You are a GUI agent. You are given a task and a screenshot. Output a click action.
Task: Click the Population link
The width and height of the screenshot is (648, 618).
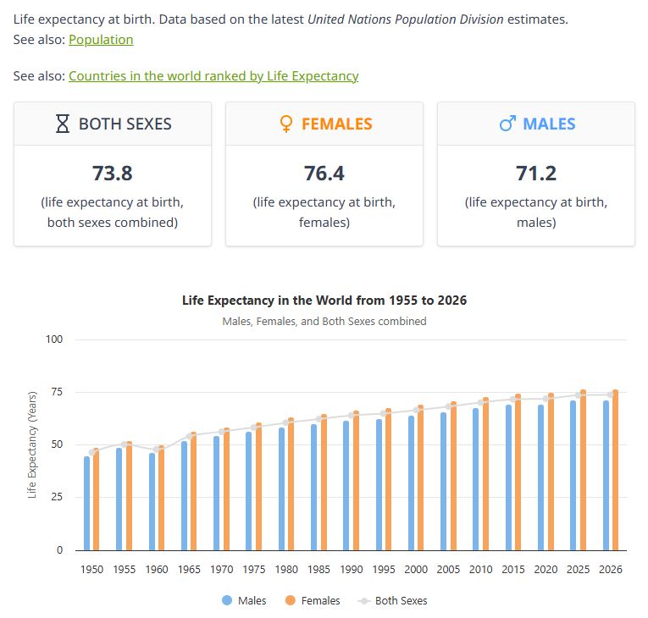click(101, 40)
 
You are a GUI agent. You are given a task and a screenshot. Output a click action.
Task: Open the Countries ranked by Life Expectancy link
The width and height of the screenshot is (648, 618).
click(213, 76)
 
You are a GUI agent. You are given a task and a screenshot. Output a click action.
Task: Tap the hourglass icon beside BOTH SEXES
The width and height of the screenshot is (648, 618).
click(62, 124)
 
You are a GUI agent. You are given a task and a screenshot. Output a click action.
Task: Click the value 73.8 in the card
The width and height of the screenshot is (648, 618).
click(113, 174)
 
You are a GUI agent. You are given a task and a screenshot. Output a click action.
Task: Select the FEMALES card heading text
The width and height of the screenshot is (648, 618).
click(336, 124)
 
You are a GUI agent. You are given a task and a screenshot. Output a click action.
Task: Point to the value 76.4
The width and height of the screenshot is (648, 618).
click(324, 174)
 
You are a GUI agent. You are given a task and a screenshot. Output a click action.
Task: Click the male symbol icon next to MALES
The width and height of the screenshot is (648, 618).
click(507, 124)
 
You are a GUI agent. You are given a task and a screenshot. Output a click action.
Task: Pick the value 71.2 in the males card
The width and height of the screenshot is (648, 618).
click(536, 174)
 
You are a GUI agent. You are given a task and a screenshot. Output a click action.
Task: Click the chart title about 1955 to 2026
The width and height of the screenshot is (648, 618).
click(324, 301)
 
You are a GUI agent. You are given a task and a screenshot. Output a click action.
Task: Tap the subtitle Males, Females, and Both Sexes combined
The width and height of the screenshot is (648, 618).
click(324, 322)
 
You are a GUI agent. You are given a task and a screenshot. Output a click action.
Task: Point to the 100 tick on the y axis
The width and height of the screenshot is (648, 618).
click(55, 339)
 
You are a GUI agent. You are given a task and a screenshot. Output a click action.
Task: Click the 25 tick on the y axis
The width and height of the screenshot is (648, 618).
click(58, 498)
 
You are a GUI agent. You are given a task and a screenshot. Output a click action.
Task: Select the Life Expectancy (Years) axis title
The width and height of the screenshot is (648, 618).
click(33, 444)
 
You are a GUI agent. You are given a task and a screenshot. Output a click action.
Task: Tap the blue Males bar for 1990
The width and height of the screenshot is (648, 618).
click(346, 486)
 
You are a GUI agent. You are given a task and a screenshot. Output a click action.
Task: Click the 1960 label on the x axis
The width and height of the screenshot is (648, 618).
click(157, 570)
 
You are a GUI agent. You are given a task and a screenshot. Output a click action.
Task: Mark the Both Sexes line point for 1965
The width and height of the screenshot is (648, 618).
click(190, 437)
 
